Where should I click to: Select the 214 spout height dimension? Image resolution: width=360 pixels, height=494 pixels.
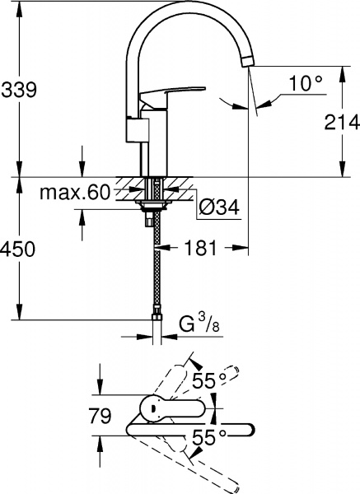341,123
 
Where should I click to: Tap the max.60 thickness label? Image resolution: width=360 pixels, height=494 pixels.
75,193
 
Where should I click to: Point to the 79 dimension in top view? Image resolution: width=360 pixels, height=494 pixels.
99,417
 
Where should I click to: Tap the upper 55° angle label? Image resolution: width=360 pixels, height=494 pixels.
209,381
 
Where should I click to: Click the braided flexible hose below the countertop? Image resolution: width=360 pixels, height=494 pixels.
154,263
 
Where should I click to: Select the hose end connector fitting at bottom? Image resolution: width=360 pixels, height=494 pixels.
154,314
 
